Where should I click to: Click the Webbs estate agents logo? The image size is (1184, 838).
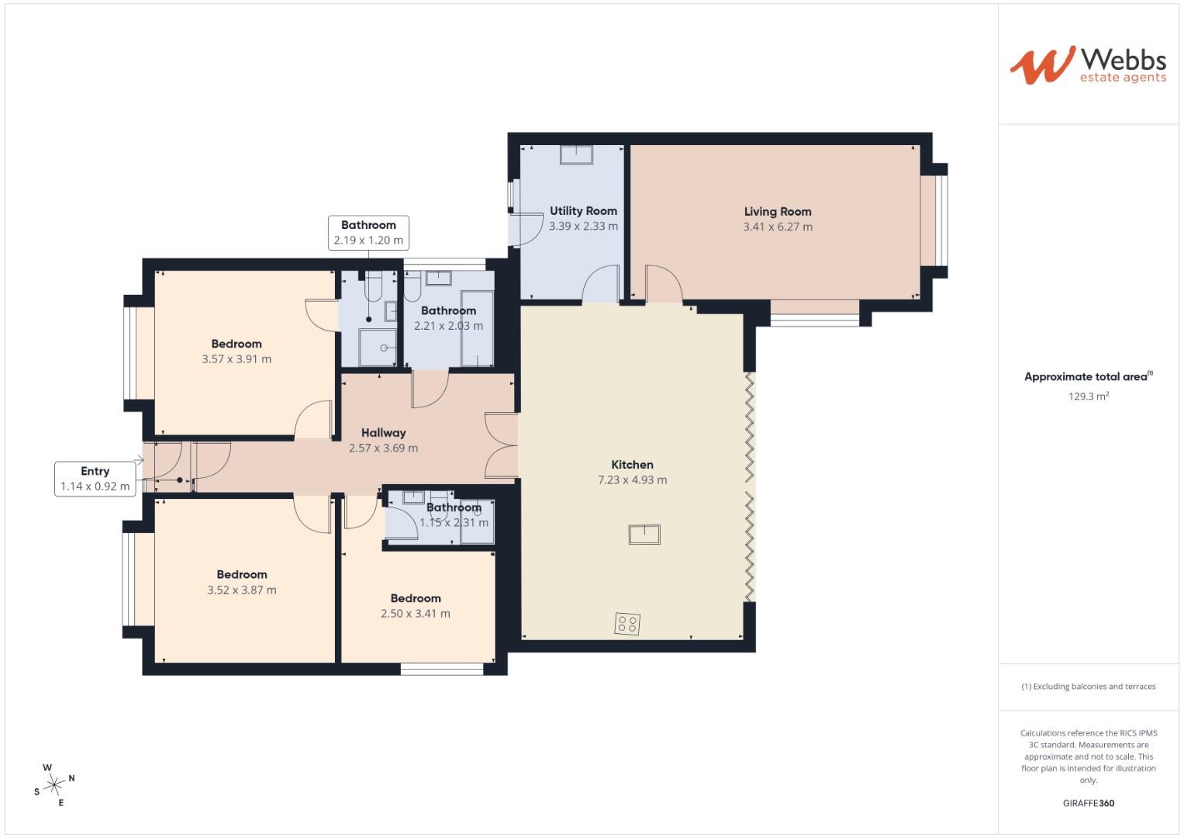[1088, 65]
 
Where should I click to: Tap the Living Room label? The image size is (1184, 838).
[778, 212]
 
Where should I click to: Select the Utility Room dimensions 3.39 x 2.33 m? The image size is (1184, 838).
[583, 227]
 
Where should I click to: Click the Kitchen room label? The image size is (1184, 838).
[632, 465]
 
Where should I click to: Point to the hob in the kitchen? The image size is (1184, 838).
[627, 623]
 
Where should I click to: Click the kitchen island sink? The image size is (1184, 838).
[644, 534]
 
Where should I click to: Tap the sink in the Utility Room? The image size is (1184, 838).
[576, 155]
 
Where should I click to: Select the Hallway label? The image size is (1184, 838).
[384, 433]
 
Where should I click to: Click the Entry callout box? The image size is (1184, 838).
[95, 479]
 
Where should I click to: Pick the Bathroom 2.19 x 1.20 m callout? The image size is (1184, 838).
[368, 233]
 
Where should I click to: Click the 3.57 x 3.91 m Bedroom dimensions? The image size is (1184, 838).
[236, 359]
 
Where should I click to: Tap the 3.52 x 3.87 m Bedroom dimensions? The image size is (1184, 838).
[242, 590]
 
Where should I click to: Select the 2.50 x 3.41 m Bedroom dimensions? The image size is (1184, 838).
[416, 614]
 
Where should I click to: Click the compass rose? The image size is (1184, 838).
[54, 785]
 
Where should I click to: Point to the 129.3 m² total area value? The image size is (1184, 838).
[1089, 396]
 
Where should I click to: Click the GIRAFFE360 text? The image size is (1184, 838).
[1089, 803]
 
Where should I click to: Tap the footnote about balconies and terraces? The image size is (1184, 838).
[1089, 686]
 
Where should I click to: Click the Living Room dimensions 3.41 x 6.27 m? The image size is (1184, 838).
[778, 227]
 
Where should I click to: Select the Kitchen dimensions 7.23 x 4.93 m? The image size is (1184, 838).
[632, 480]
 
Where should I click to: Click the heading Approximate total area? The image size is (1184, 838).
[1089, 376]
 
